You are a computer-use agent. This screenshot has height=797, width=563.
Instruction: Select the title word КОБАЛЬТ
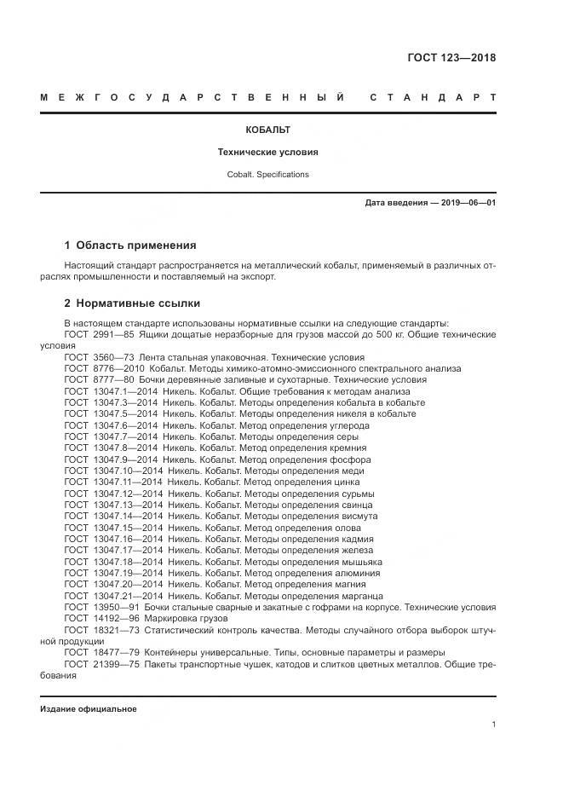point(267,130)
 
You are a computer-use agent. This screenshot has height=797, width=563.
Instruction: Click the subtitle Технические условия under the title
point(267,153)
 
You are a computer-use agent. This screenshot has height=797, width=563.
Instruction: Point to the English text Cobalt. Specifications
point(267,175)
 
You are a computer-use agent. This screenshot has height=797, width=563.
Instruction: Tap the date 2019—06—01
point(468,203)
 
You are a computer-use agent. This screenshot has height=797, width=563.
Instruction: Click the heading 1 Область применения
point(129,245)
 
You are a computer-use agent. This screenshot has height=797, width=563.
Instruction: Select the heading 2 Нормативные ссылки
point(132,303)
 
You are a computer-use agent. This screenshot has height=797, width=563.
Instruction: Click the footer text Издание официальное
point(88,709)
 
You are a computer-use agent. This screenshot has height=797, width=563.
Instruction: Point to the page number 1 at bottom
point(493,725)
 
